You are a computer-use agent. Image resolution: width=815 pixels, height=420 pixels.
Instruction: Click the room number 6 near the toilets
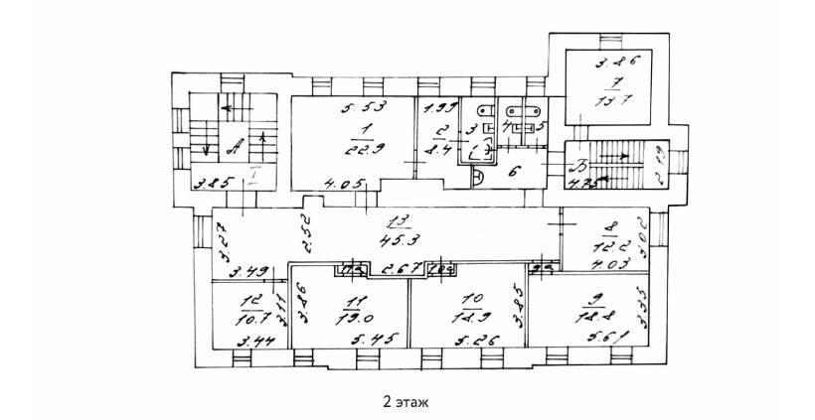512,172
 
